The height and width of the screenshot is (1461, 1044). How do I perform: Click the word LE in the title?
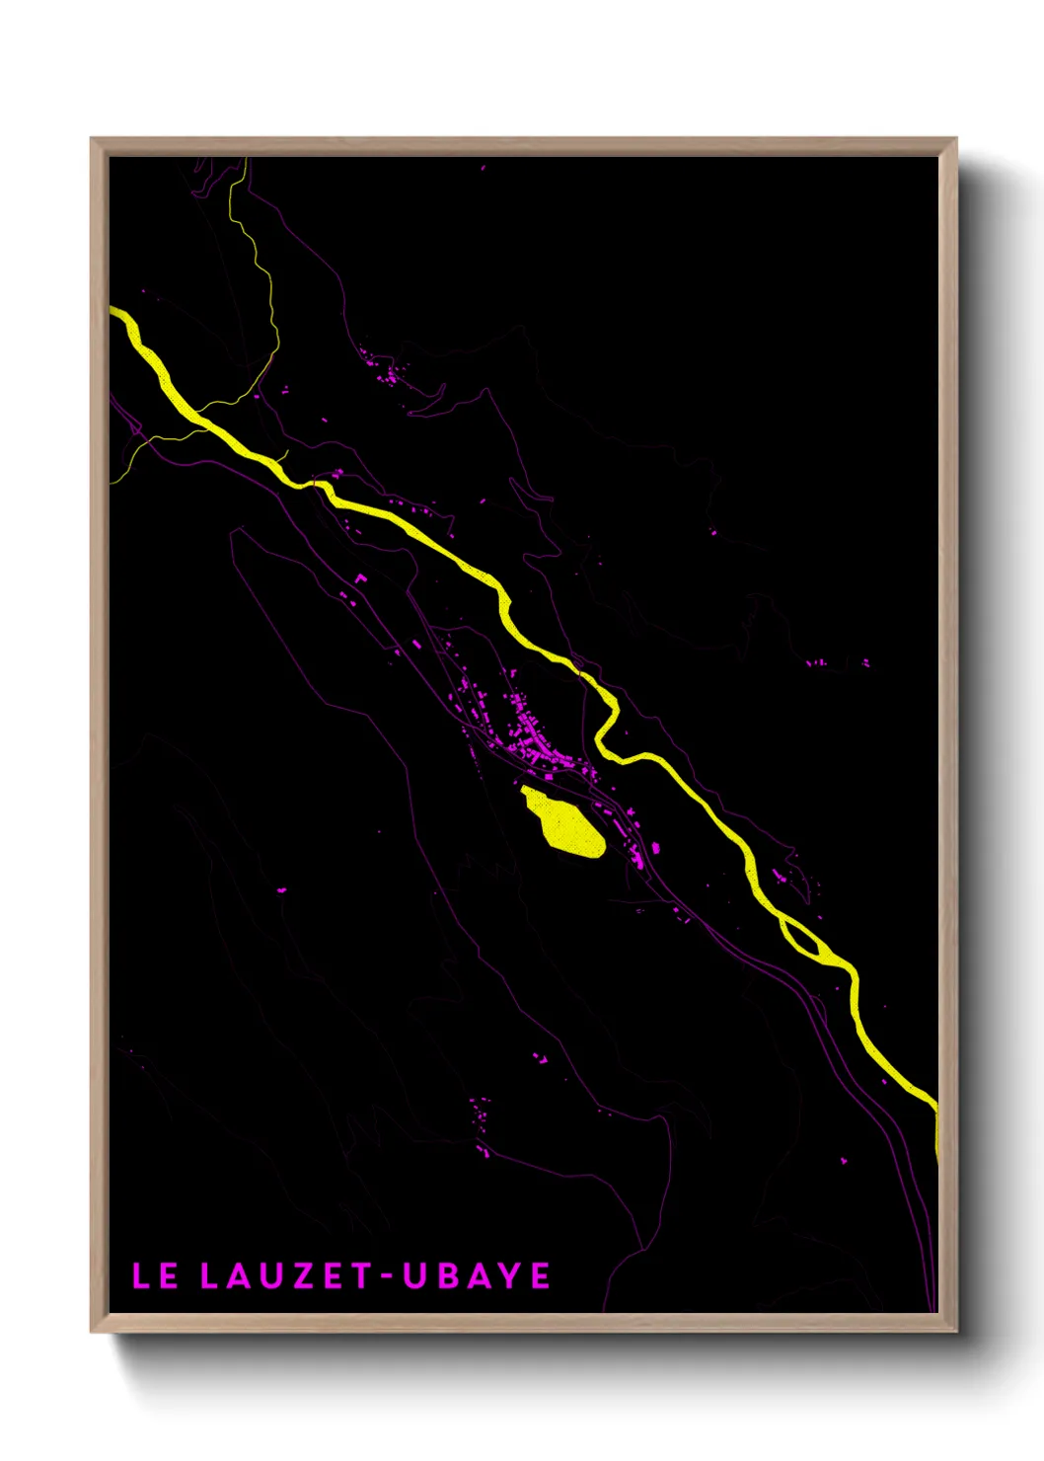point(155,1275)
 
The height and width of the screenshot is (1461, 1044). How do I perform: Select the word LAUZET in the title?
point(285,1275)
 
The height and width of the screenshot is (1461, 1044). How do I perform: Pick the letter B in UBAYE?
point(445,1275)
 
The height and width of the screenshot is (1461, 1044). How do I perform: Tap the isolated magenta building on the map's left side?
point(281,890)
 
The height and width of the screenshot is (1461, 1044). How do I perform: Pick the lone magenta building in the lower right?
point(844,1161)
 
